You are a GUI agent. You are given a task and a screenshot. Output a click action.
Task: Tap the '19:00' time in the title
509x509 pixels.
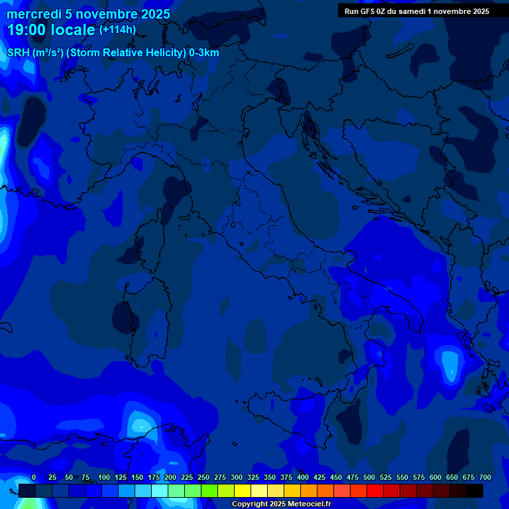click(26, 30)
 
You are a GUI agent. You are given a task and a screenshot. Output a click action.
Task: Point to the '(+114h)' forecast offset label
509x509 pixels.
click(117, 30)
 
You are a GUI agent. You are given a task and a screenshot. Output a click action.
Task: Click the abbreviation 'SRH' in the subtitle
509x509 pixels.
click(19, 53)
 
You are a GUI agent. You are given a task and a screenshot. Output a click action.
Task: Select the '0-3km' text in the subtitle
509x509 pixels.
click(204, 53)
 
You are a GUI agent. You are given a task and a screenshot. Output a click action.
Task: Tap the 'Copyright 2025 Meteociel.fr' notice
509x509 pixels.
click(281, 504)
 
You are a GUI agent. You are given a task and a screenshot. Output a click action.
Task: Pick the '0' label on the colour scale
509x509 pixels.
click(34, 478)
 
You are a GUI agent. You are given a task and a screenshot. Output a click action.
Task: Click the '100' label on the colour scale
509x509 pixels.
click(104, 478)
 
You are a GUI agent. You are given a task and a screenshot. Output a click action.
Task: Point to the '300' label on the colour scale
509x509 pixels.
click(237, 478)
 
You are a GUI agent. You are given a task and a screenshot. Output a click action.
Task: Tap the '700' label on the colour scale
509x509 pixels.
click(485, 478)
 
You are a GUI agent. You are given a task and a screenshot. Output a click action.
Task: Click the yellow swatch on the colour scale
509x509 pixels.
click(243, 490)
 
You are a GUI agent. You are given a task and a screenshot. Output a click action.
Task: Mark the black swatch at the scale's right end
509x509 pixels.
click(475, 490)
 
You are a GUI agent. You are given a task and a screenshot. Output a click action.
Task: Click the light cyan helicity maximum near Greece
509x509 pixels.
click(451, 363)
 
